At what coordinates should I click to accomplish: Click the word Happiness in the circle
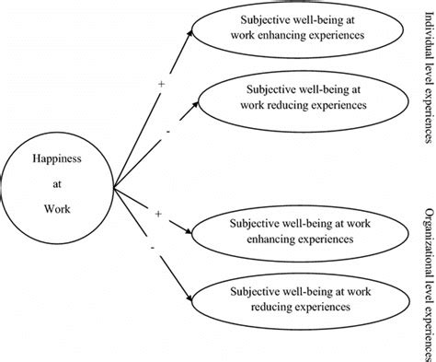[x=57, y=159]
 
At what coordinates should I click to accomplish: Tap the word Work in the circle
[x=57, y=209]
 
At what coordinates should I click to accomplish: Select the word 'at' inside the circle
[x=57, y=184]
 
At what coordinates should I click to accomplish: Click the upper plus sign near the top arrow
[x=161, y=84]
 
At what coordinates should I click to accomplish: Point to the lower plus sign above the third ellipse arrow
[x=158, y=214]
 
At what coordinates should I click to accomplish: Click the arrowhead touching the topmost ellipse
[x=189, y=32]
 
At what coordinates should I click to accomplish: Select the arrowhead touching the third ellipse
[x=188, y=232]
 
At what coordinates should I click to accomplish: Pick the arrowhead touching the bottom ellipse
[x=189, y=298]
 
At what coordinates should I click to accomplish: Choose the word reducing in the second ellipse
[x=288, y=105]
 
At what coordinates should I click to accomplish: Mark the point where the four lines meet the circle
[x=114, y=187]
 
